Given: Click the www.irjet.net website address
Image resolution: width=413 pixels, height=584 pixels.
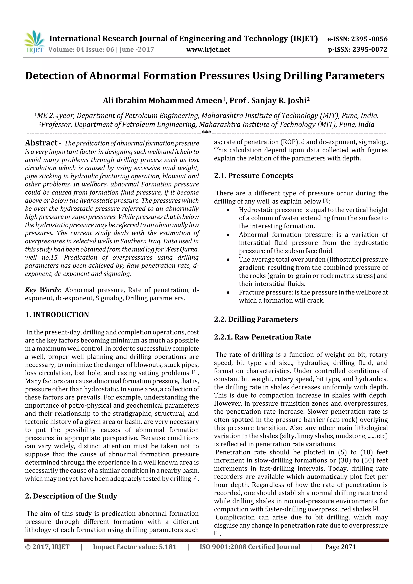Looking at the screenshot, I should tap(208, 49).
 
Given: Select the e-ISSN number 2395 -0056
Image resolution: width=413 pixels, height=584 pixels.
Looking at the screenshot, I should tap(369, 39).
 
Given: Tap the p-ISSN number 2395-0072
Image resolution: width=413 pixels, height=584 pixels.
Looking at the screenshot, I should tap(369, 49).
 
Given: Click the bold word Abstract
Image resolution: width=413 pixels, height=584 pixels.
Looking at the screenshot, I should tap(41, 143).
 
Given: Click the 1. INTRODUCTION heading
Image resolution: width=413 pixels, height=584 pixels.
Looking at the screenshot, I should tap(57, 315).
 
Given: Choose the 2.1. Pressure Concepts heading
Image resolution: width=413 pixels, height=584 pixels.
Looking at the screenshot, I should tap(253, 176).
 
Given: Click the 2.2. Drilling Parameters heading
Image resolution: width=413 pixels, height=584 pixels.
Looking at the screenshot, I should tap(256, 319).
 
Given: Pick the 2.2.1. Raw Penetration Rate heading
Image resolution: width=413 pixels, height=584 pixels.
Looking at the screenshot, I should tap(262, 337).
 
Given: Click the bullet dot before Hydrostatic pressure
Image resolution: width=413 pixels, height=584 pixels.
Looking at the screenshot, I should tap(228, 210).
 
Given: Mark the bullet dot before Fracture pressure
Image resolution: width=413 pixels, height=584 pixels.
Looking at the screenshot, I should tap(228, 293).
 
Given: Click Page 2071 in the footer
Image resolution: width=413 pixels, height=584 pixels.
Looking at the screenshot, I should tap(340, 547).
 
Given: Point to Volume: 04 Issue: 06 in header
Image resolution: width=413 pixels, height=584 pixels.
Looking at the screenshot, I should tap(81, 49).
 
